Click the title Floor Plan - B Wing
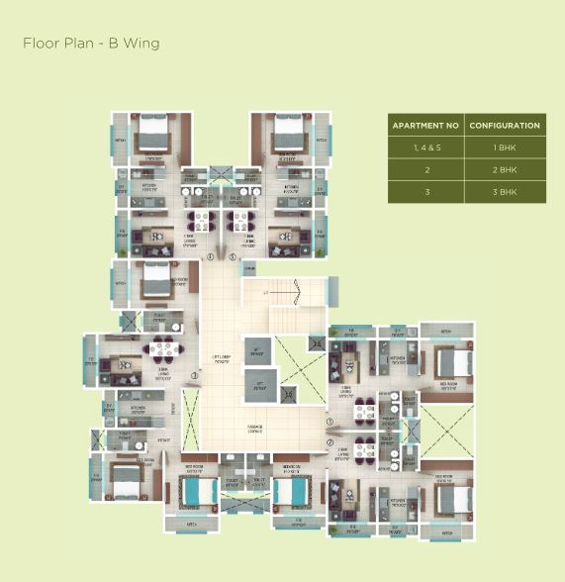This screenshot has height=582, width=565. click(x=90, y=44)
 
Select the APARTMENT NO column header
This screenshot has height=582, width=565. click(x=425, y=126)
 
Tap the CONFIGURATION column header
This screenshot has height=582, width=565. click(x=505, y=126)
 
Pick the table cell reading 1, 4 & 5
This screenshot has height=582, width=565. click(x=425, y=147)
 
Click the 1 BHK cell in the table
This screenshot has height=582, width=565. click(x=505, y=147)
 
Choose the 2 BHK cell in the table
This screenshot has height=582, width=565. click(x=505, y=169)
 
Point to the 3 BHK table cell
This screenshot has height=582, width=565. click(x=505, y=191)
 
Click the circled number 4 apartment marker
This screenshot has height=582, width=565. click(x=211, y=257)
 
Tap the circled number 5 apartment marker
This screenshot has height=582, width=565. click(x=233, y=257)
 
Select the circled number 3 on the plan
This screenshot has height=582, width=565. click(x=195, y=375)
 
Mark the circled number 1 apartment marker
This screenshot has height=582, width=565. click(x=330, y=421)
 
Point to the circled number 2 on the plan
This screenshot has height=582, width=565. click(x=330, y=441)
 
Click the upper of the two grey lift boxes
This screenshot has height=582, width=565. click(x=257, y=350)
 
